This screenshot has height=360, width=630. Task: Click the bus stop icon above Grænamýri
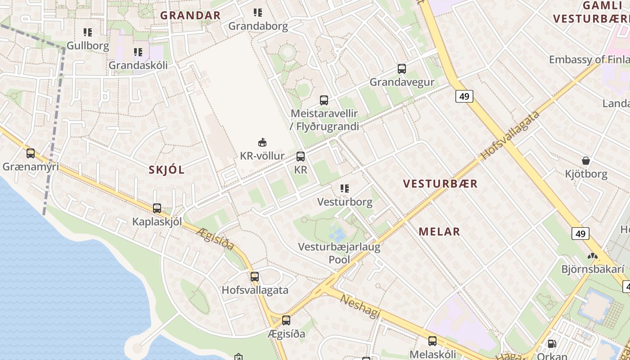tap(31, 153)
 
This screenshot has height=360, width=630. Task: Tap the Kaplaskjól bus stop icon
tap(157, 208)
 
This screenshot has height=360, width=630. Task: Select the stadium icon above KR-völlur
tap(262, 143)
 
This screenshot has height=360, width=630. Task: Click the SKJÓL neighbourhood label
tap(166, 170)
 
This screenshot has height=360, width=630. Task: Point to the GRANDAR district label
tap(190, 15)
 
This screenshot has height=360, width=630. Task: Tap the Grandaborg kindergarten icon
tap(257, 13)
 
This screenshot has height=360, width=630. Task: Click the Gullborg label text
tap(88, 45)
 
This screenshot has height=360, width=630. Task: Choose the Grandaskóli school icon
tap(138, 52)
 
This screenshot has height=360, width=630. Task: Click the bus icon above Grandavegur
tap(402, 69)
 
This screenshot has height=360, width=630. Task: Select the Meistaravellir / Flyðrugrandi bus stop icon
tap(324, 100)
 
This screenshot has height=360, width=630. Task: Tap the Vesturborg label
tap(345, 202)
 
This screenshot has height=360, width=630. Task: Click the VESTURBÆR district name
tap(440, 184)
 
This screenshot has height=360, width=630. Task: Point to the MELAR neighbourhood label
tap(439, 232)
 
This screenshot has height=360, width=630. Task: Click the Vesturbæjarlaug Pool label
tap(340, 253)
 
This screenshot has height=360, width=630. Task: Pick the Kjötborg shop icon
tap(586, 161)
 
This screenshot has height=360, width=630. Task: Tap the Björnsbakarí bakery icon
tap(592, 256)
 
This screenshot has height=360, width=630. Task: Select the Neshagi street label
tap(360, 306)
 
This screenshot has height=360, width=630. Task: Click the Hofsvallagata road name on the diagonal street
tap(510, 135)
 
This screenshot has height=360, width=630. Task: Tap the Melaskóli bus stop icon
tap(432, 341)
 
